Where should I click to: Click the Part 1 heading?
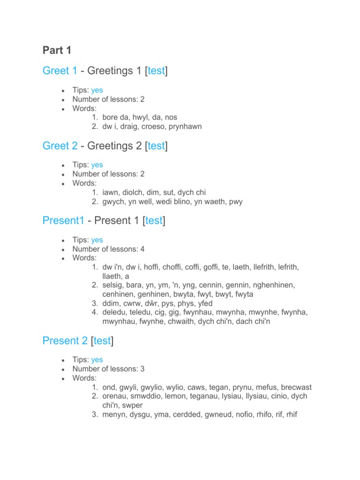click(x=57, y=50)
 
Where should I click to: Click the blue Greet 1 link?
click(x=60, y=71)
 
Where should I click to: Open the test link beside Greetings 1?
click(x=156, y=71)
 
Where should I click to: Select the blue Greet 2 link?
click(x=60, y=146)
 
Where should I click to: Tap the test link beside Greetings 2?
click(x=156, y=146)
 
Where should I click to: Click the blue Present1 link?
click(x=63, y=221)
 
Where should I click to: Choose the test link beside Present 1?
click(x=154, y=221)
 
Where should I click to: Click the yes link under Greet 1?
click(x=97, y=90)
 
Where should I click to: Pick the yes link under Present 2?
click(x=97, y=360)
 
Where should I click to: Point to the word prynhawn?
click(x=184, y=127)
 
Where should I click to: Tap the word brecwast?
click(x=296, y=387)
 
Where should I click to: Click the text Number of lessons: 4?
click(x=108, y=249)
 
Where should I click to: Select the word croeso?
click(x=158, y=127)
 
